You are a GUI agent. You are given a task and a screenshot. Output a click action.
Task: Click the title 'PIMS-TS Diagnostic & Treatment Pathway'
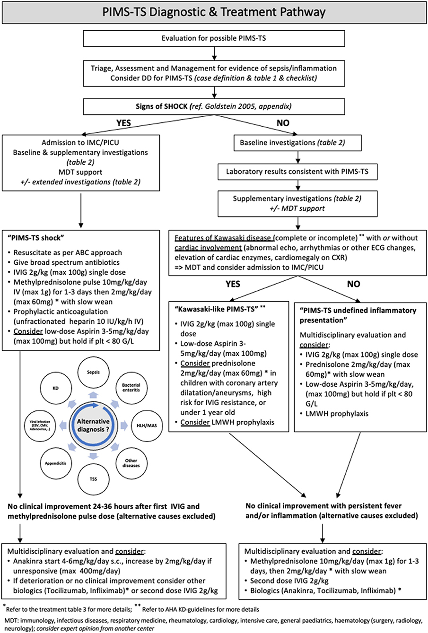pos(214,11)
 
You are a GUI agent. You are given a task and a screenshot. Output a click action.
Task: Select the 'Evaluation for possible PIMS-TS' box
pos(214,37)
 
